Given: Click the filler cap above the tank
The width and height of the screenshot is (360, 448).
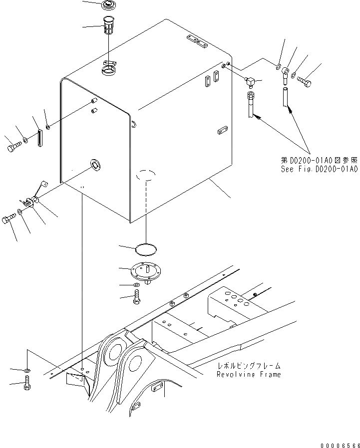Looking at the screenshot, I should [x=108, y=5].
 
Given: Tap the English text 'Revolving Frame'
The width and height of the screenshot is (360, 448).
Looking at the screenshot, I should [x=248, y=374].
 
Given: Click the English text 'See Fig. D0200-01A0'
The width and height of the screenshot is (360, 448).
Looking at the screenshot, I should [x=319, y=169].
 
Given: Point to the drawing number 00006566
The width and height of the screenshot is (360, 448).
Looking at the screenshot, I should [x=340, y=443].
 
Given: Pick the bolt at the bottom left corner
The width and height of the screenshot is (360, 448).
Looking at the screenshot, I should [x=26, y=385].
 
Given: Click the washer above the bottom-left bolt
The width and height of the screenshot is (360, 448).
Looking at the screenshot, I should [x=27, y=370].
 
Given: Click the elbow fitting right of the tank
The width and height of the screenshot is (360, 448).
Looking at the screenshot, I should [x=251, y=79].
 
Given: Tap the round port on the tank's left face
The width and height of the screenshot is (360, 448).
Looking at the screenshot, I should [x=94, y=164].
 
